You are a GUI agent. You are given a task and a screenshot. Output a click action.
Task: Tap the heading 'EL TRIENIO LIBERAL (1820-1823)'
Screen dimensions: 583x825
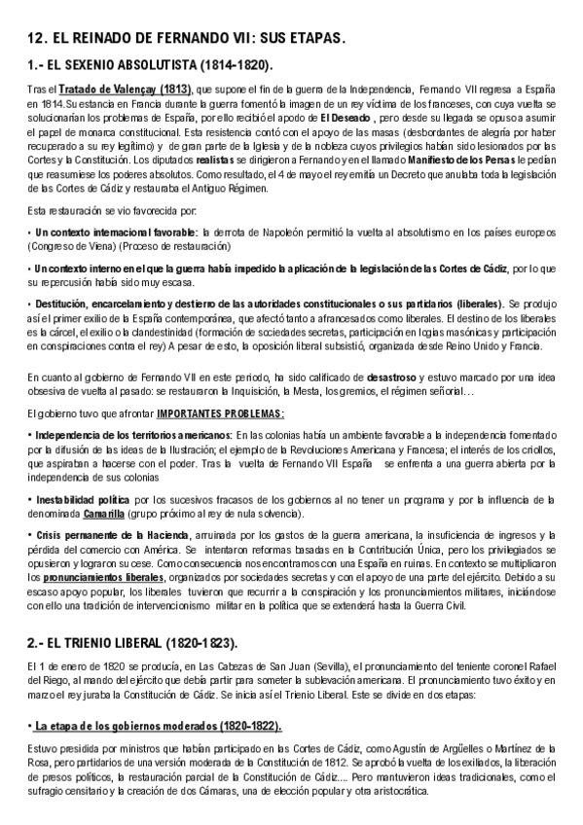[147, 618]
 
